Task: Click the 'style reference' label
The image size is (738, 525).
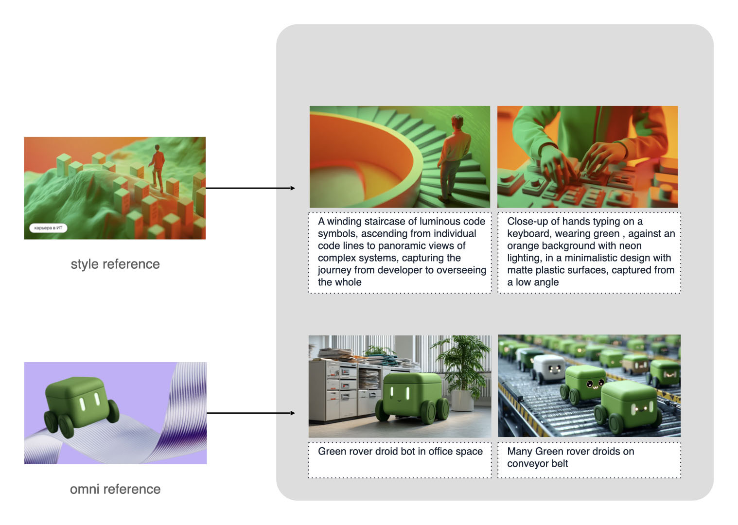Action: pyautogui.click(x=115, y=264)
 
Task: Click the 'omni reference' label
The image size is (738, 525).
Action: pyautogui.click(x=115, y=489)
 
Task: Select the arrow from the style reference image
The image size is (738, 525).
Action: pyautogui.click(x=250, y=188)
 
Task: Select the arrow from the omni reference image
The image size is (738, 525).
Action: pyautogui.click(x=250, y=413)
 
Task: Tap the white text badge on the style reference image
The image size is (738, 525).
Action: pyautogui.click(x=48, y=227)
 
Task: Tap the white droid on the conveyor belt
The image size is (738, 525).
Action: pyautogui.click(x=548, y=367)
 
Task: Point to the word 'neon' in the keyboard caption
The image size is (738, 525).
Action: pyautogui.click(x=630, y=246)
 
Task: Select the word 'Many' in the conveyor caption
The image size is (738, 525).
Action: pyautogui.click(x=520, y=452)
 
